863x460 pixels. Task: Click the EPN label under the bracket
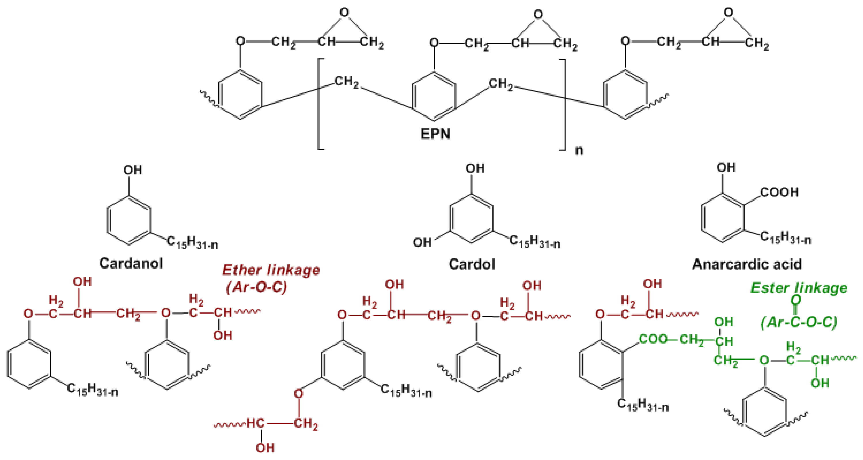pos(435,134)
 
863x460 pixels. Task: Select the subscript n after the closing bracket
pos(579,150)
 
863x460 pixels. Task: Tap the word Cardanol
pos(131,263)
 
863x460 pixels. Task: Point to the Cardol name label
pos(472,264)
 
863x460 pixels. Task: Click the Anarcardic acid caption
pos(747,264)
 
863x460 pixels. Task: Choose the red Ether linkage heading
pos(271,270)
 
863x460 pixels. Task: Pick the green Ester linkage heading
pos(799,288)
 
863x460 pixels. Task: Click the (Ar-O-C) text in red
pos(257,287)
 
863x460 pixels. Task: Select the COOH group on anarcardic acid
pos(779,192)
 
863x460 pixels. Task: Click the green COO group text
pos(653,339)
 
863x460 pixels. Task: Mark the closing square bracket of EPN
pos(564,104)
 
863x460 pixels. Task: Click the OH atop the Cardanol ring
pos(133,170)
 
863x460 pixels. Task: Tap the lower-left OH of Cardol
pos(422,242)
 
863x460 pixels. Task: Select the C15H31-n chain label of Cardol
pos(535,242)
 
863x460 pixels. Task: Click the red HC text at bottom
pos(255,423)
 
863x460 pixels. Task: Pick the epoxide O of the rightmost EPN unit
pos(728,13)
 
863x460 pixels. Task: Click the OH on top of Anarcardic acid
pos(726,167)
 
